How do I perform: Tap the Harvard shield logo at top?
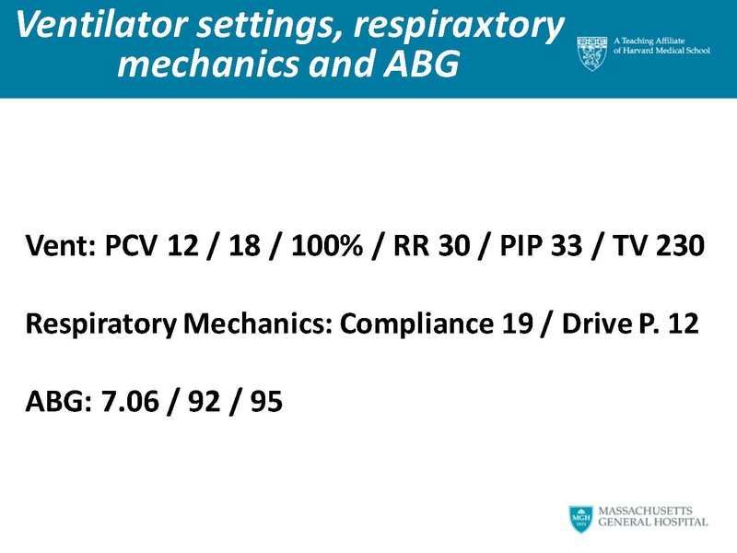[x=592, y=54]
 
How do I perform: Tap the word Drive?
[x=596, y=325]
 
